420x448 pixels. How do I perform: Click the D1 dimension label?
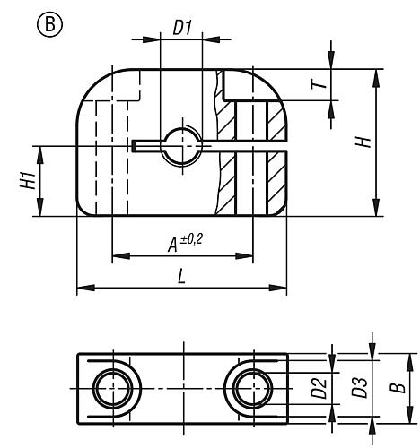pyautogui.click(x=182, y=28)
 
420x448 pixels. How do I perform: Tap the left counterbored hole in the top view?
pyautogui.click(x=115, y=389)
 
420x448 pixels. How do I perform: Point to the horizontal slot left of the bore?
pyautogui.click(x=148, y=144)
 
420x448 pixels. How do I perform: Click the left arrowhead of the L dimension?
pyautogui.click(x=82, y=288)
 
